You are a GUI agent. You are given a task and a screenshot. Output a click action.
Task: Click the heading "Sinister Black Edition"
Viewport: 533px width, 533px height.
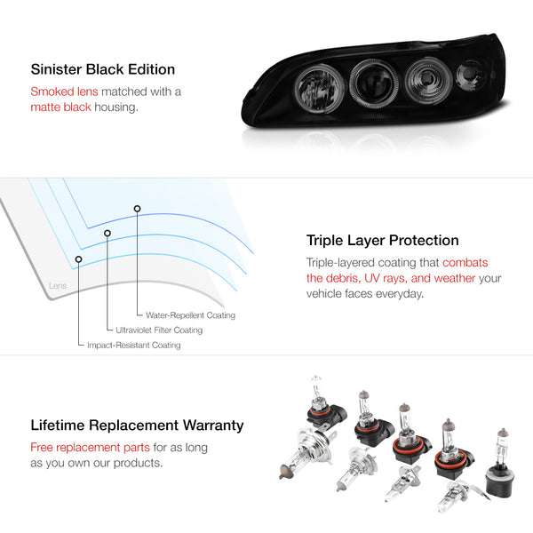[103, 69]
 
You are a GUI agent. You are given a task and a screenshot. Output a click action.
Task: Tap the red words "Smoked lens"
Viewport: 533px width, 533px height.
[64, 91]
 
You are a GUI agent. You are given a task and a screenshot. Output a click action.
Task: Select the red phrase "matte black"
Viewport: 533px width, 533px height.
[60, 107]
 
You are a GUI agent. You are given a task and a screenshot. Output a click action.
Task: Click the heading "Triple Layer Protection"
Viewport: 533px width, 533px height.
[382, 241]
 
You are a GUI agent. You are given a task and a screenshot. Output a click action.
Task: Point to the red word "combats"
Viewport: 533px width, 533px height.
[465, 262]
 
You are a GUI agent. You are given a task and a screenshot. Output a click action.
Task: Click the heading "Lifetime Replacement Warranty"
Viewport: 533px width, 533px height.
[137, 426]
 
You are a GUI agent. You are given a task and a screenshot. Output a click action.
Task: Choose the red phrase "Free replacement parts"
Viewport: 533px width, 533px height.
[90, 448]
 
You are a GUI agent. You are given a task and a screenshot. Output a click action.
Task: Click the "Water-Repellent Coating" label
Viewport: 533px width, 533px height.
[190, 315]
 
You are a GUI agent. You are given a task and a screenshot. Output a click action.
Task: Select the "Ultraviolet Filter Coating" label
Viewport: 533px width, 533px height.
[159, 330]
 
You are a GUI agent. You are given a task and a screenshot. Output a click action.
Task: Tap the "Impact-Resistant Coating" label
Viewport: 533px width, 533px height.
[134, 345]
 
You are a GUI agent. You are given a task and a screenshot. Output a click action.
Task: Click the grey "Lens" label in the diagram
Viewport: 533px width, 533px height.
[58, 286]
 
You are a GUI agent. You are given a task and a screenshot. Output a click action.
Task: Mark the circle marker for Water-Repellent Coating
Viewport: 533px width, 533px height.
[137, 209]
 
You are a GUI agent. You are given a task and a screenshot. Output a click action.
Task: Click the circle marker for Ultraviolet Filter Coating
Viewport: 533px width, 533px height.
[107, 233]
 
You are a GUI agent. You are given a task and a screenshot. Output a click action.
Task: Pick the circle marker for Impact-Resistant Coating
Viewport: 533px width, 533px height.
[78, 259]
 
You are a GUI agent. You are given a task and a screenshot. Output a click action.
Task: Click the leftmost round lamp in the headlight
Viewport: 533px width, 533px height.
[319, 89]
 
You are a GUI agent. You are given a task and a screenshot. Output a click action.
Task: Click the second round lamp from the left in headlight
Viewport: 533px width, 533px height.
[374, 84]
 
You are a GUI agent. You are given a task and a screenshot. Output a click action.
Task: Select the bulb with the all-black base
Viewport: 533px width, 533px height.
[500, 465]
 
